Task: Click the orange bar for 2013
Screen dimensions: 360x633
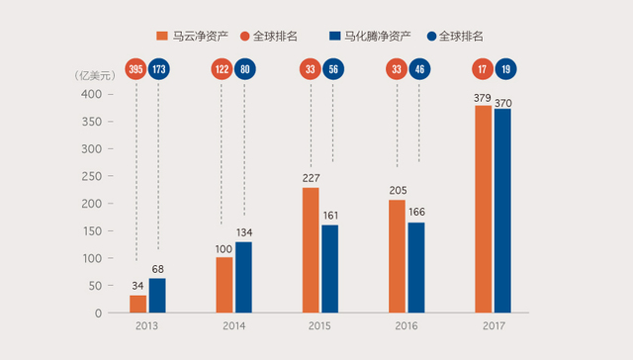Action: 137,304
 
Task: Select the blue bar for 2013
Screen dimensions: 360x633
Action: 157,295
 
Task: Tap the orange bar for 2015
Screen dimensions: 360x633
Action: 311,250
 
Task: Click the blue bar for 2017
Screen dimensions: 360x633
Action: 503,211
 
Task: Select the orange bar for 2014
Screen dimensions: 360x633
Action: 224,285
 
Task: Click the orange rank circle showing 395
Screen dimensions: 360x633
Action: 136,69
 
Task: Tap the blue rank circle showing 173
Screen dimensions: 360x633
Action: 159,69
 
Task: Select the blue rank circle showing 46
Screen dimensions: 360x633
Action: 419,69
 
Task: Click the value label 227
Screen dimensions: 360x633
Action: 311,179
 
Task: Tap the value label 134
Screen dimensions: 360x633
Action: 245,233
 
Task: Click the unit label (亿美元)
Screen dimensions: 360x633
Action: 97,75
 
